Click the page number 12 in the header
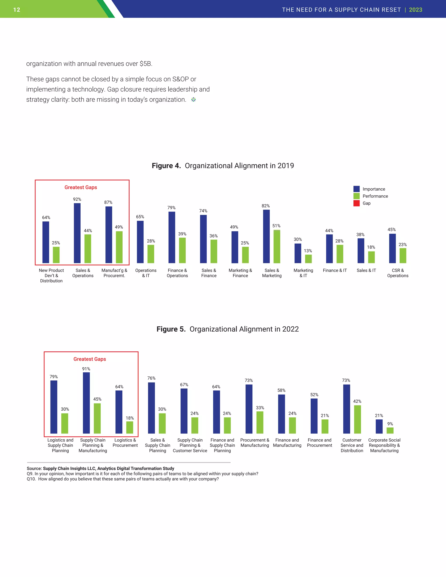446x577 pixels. [x=17, y=10]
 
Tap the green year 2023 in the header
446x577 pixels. [x=415, y=10]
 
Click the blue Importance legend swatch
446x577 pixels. [x=356, y=189]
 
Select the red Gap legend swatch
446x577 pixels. [x=356, y=203]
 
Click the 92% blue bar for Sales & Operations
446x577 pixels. [x=77, y=233]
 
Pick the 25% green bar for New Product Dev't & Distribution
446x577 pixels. [x=56, y=255]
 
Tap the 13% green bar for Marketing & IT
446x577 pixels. [x=308, y=259]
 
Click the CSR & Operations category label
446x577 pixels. [x=398, y=273]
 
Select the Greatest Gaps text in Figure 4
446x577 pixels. [x=81, y=187]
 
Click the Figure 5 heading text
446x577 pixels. [x=228, y=329]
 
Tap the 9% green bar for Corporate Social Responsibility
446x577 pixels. [x=390, y=430]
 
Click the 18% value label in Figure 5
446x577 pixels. [x=130, y=418]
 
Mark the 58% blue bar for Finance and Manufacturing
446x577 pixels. [x=281, y=414]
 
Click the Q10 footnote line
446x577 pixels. [x=123, y=479]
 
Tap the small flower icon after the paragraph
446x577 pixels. [x=193, y=100]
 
